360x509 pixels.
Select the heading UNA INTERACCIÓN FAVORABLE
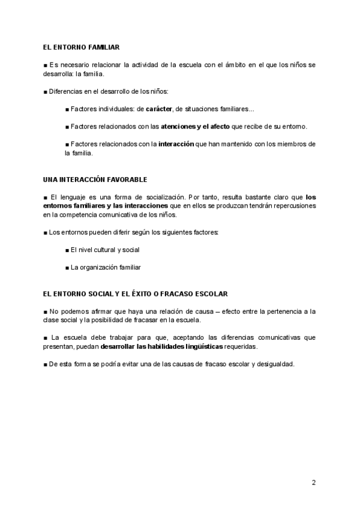(x=95, y=179)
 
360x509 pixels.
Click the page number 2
(x=313, y=482)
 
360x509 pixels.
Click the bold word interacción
(x=176, y=144)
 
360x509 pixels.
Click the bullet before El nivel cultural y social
(x=67, y=250)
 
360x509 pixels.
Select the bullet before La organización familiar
(x=67, y=267)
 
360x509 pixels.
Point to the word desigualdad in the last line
(x=274, y=364)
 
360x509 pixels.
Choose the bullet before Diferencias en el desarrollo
(x=46, y=92)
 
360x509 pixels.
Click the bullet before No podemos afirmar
(x=46, y=312)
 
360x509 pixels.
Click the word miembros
(x=293, y=144)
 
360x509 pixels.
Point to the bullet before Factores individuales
(x=67, y=109)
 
